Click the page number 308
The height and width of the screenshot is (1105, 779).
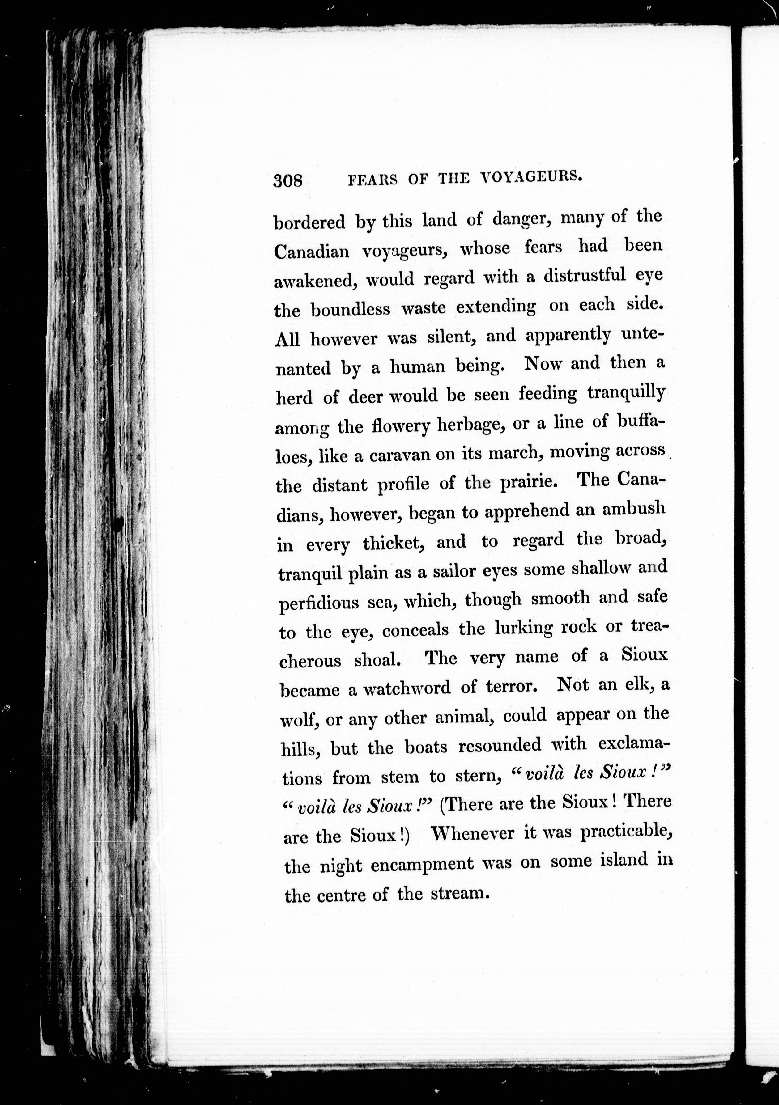(x=287, y=180)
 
